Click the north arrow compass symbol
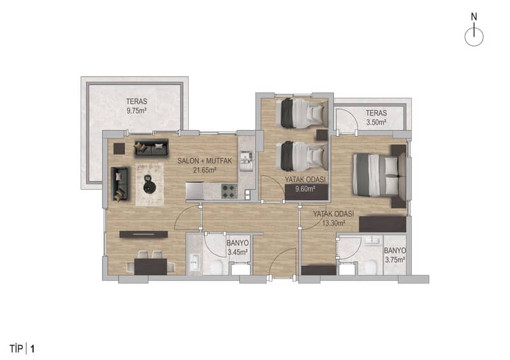[474, 31]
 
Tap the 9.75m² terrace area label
[136, 111]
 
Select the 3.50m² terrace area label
[376, 122]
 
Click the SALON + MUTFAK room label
[205, 161]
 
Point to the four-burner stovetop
[229, 191]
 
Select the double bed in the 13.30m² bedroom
[379, 175]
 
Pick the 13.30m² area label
[333, 223]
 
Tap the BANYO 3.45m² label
[238, 247]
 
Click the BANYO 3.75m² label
[395, 255]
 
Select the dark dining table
[151, 267]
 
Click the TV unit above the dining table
[143, 234]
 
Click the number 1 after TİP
[33, 349]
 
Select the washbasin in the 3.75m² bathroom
[371, 240]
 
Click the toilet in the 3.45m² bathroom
[215, 268]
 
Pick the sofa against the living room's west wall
[119, 184]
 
